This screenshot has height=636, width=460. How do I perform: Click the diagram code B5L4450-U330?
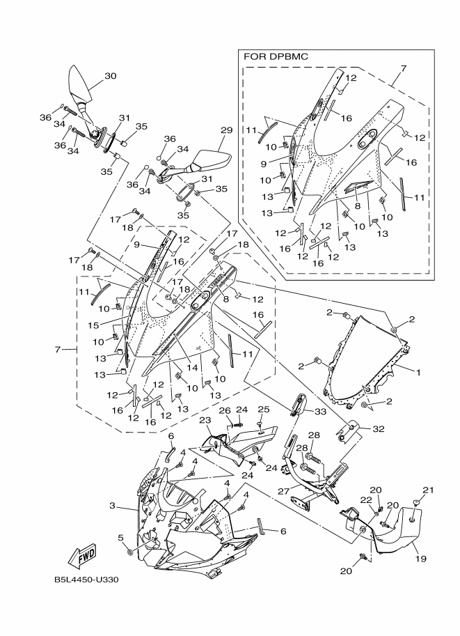click(86, 580)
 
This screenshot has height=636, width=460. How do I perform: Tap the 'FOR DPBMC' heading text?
click(276, 57)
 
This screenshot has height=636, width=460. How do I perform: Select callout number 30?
click(111, 76)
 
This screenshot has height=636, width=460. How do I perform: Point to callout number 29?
click(227, 130)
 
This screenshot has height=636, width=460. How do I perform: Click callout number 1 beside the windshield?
click(418, 371)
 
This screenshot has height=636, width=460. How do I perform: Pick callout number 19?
click(421, 559)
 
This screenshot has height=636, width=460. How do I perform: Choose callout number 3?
click(112, 506)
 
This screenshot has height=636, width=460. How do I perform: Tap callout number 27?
click(284, 491)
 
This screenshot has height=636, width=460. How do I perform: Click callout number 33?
click(321, 411)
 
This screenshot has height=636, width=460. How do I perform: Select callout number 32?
click(378, 428)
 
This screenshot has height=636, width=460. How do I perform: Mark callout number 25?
click(264, 410)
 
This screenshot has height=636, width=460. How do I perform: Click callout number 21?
click(429, 490)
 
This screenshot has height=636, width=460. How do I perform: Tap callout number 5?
click(120, 538)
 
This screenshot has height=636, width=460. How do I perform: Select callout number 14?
click(192, 368)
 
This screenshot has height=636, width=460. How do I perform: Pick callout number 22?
click(367, 499)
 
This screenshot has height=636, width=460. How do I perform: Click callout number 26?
click(224, 411)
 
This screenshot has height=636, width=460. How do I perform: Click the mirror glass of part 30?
click(79, 82)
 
